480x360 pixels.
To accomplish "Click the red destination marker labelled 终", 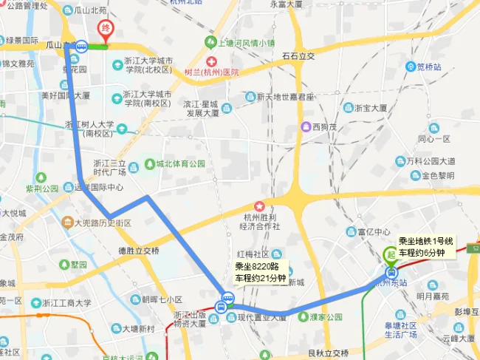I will [106, 32].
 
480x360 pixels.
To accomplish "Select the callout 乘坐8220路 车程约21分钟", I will [260, 273].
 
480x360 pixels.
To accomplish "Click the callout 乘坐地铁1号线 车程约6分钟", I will [426, 248].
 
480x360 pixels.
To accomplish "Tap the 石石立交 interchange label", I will [298, 55].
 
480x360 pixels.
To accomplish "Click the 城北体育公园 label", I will [180, 163].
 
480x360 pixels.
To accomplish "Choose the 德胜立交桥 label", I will [139, 251].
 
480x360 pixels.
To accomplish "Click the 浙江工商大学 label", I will [66, 302].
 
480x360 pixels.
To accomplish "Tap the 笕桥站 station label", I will [428, 67].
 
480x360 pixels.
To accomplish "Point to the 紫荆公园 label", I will [41, 189].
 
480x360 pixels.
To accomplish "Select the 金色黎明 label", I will [437, 176].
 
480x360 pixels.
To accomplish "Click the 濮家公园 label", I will [326, 316].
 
